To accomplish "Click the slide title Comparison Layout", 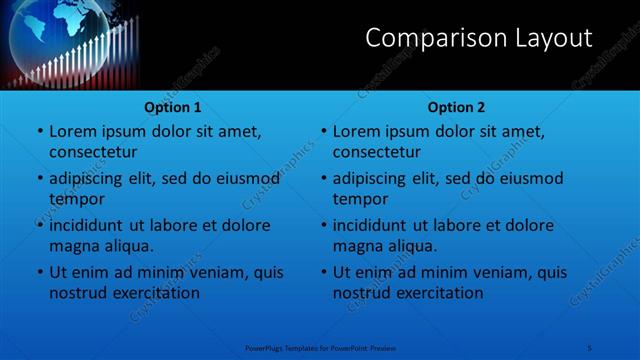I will tap(478, 39).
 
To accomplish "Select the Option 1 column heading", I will tap(173, 107).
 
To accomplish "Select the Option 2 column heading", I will tap(456, 107).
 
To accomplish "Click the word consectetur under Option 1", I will tap(93, 152).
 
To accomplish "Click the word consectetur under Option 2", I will tap(377, 152).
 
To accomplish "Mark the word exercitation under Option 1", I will tap(155, 293).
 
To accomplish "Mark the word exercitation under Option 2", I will tap(439, 293).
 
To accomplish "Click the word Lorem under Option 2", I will tap(356, 131).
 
